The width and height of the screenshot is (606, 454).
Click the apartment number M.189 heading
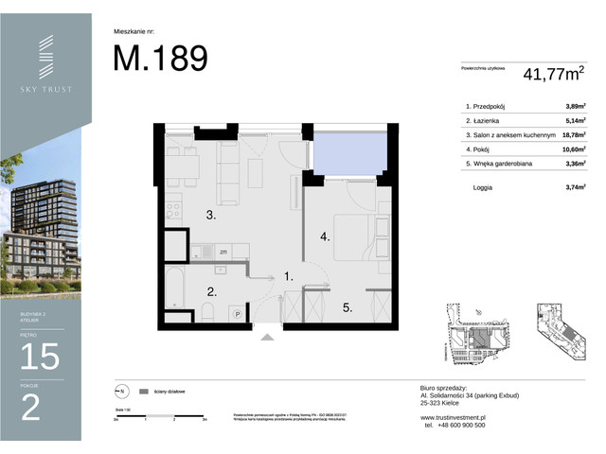click(x=160, y=59)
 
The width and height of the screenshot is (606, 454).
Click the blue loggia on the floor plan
click(x=351, y=151)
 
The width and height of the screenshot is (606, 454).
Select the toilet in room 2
click(x=205, y=312)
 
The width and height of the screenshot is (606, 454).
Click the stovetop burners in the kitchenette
click(x=171, y=209)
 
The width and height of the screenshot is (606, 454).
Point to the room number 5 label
click(x=348, y=306)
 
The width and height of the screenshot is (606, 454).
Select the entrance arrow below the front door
click(x=268, y=332)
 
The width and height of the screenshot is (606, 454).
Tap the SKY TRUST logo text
click(x=46, y=90)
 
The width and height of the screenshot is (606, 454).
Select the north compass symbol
click(x=119, y=390)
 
